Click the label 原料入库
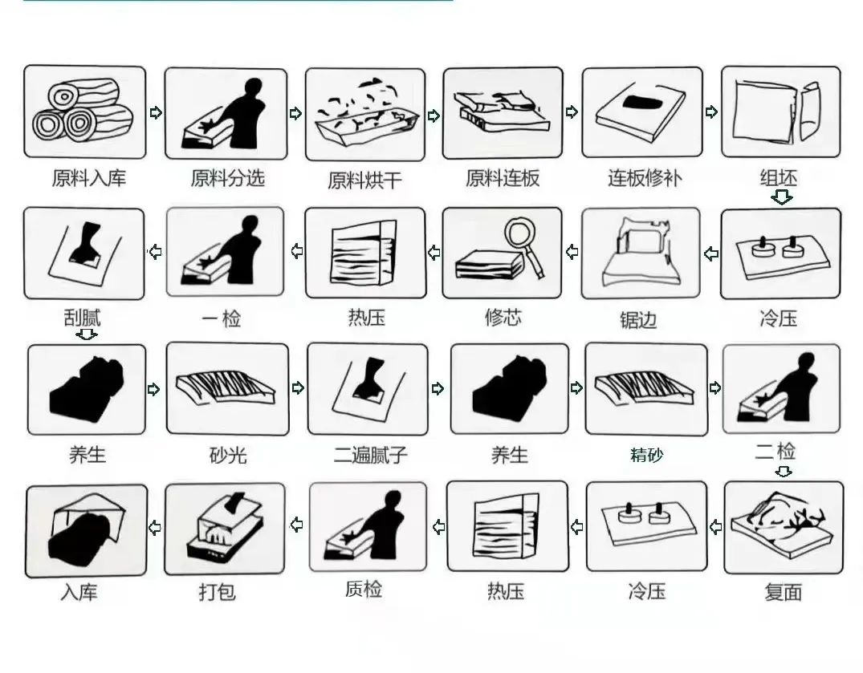(x=89, y=178)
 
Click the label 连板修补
(x=645, y=178)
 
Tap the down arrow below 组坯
(x=782, y=197)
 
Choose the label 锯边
(x=638, y=319)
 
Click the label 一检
(x=222, y=318)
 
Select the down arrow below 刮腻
(x=87, y=334)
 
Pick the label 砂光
(x=228, y=456)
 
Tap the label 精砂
(x=647, y=456)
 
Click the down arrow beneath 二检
(x=784, y=472)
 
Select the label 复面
(x=784, y=593)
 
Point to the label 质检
(x=363, y=590)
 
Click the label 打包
(x=217, y=592)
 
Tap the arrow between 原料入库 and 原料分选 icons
(x=156, y=112)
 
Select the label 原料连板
(x=503, y=178)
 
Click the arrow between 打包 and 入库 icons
(x=155, y=528)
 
